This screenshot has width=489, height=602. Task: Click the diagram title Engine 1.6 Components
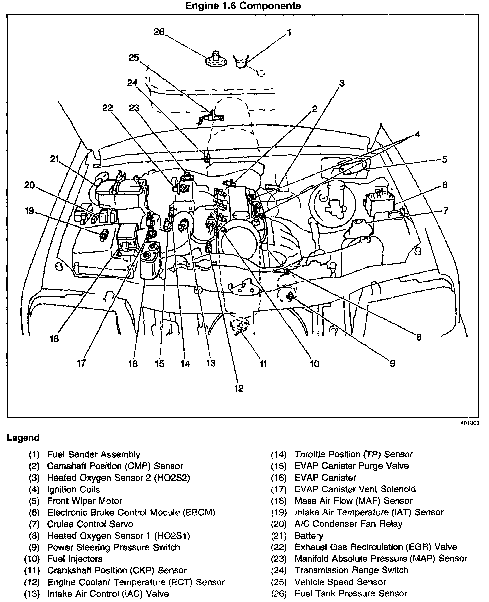[x=243, y=6]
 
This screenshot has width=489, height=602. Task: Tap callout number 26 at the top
[x=159, y=32]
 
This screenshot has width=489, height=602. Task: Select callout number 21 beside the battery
[x=55, y=159]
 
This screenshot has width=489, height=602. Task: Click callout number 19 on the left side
[x=29, y=211]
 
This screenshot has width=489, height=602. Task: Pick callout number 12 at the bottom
[x=239, y=388]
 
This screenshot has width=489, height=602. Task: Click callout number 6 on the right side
[x=445, y=185]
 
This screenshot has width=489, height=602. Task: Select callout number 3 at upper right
[x=342, y=83]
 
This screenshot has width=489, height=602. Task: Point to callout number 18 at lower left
[x=54, y=338]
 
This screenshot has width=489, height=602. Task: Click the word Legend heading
[x=23, y=438]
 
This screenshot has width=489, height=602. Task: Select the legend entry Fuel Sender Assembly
[x=93, y=454]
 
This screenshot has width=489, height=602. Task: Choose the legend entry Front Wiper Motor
[x=84, y=501]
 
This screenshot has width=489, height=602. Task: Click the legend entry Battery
[x=309, y=535]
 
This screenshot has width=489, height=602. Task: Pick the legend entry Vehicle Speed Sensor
[x=340, y=582]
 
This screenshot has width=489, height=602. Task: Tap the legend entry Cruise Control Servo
[x=90, y=524]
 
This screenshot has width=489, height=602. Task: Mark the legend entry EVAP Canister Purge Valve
[x=351, y=466]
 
